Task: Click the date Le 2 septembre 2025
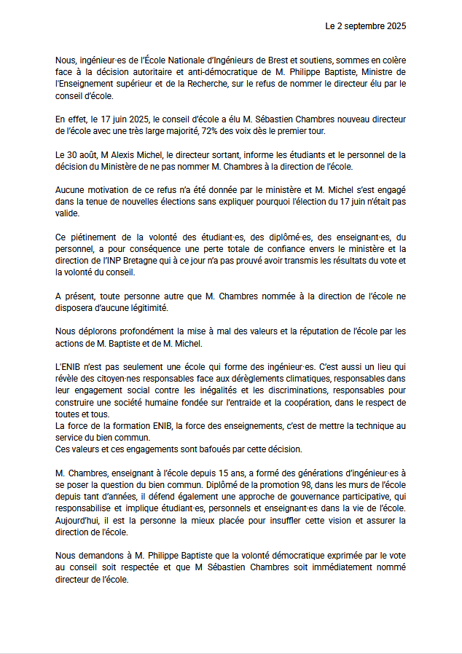[365, 25]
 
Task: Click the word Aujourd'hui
[79, 520]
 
